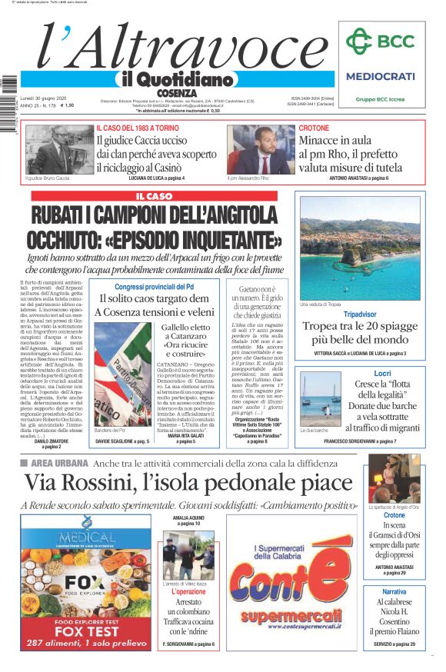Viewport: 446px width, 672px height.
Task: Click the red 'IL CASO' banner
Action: coord(154,197)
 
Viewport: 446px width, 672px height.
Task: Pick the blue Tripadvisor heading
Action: coord(360,314)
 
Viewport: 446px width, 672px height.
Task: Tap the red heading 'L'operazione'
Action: coord(188,592)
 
